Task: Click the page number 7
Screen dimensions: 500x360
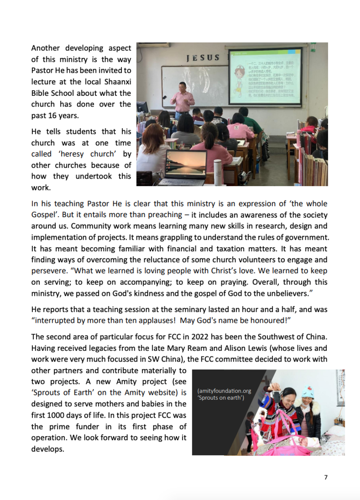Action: (326, 477)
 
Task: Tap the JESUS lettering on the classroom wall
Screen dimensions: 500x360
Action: (202, 58)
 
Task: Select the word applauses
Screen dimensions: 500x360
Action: (161, 320)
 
